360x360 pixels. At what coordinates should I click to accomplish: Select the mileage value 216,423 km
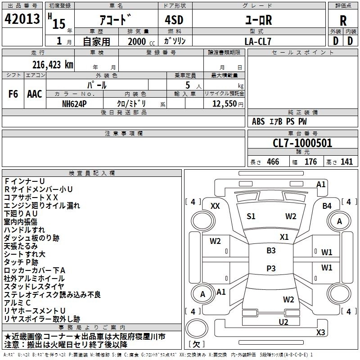point(53,64)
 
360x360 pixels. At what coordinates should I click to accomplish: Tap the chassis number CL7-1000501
point(302,144)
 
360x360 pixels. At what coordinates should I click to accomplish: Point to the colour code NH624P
point(75,103)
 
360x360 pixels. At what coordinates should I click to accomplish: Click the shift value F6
point(13,94)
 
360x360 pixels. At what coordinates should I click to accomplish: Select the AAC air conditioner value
point(35,94)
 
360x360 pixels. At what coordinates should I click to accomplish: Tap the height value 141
point(346,162)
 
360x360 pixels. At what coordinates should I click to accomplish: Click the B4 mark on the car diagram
point(327,206)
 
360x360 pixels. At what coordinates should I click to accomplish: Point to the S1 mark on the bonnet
point(251,216)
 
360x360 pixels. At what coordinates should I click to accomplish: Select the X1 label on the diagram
point(284,237)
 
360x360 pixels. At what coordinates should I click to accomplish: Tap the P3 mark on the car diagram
point(271,268)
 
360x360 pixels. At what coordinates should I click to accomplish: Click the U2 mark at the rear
point(283,321)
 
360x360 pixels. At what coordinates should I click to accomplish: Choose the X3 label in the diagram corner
point(320,332)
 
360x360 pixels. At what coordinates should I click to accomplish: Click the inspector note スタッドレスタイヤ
point(34,286)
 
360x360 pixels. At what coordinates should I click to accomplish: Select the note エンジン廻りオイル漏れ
point(42,205)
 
